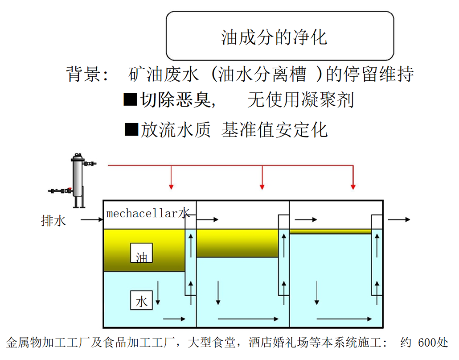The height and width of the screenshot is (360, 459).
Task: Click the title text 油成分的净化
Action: click(x=274, y=37)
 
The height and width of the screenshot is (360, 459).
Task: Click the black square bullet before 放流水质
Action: click(x=131, y=129)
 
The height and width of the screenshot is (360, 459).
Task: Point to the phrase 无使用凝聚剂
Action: click(x=301, y=100)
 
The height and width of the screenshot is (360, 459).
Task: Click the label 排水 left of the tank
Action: click(x=53, y=220)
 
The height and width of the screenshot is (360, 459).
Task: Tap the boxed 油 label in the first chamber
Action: click(x=141, y=253)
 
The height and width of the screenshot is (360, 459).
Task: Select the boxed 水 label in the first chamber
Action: click(x=141, y=301)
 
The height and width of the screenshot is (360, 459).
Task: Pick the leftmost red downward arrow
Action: click(x=171, y=178)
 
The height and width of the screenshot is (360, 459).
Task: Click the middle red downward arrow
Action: click(x=262, y=178)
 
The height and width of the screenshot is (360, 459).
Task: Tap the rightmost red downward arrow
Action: click(x=353, y=178)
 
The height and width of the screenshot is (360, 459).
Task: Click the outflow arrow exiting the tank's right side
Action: click(x=398, y=219)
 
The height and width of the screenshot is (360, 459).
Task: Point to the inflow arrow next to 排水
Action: click(x=91, y=219)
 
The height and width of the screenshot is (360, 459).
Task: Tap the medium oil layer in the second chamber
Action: click(x=236, y=244)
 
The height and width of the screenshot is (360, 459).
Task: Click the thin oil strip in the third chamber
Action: click(x=330, y=232)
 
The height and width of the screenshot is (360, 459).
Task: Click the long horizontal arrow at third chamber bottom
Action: click(x=343, y=319)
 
